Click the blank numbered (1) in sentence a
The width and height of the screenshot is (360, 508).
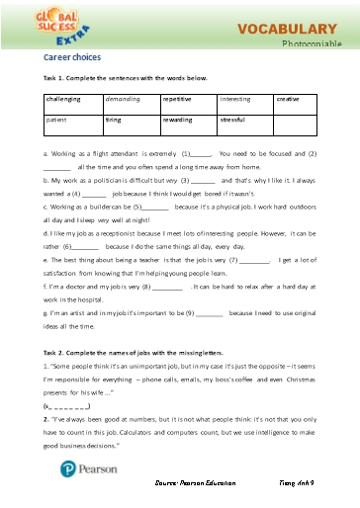(x=198, y=155)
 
